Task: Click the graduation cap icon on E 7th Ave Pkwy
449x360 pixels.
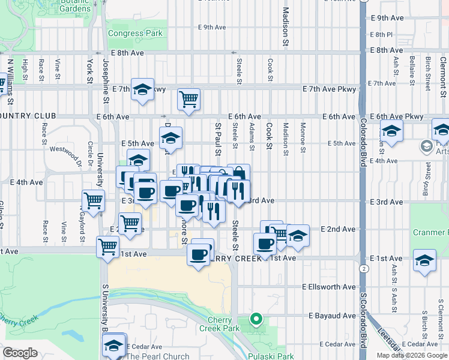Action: [142, 89]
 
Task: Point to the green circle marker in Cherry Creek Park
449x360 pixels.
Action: [256, 319]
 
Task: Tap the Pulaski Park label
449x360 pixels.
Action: [274, 356]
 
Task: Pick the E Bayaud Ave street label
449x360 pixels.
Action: [332, 316]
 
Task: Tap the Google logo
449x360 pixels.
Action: [20, 353]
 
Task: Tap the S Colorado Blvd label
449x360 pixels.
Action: [363, 319]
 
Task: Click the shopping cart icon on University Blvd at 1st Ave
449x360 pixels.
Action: [107, 246]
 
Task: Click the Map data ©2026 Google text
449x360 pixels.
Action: [412, 355]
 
